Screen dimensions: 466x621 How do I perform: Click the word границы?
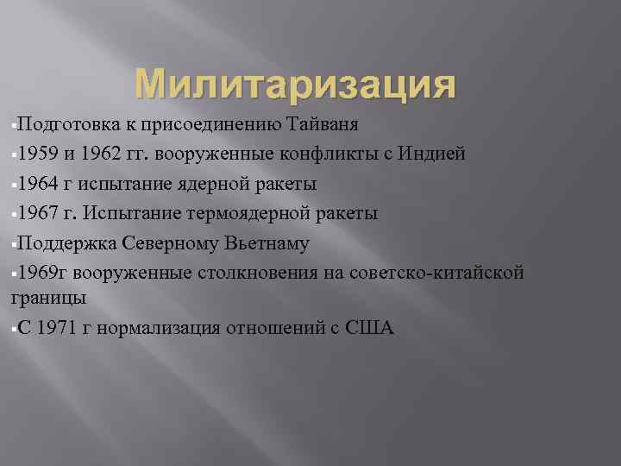pos(47,297)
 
